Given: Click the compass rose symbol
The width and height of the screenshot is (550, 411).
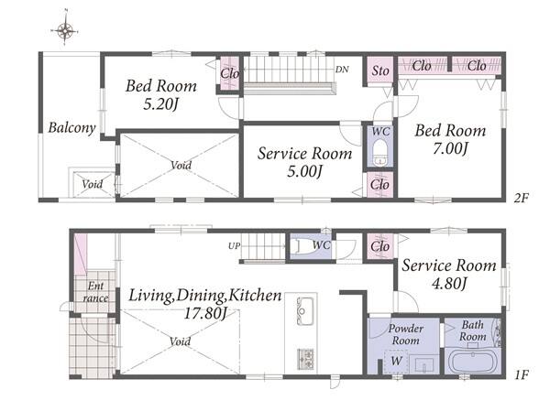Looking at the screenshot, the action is pos(65,30).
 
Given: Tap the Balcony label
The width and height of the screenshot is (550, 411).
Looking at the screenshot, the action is pos(71,127).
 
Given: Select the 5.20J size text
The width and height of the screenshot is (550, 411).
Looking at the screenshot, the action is pos(161,104).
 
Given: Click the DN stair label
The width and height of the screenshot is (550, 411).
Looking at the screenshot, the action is pos(342,70).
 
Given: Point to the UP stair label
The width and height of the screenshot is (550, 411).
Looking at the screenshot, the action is pos(234,246).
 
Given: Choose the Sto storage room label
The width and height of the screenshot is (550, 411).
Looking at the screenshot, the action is pos(380,70).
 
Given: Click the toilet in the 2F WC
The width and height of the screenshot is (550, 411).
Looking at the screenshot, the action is pos(379,153).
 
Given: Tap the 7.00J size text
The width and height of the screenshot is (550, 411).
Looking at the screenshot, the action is pos(450,148).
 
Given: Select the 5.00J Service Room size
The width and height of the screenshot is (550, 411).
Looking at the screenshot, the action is pos(304,171).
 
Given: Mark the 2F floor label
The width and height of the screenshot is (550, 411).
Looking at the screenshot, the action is pos(522,199).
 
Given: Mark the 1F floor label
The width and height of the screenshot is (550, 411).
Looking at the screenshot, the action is pos(522,375).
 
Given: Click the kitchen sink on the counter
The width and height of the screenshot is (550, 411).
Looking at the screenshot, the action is pos(305,311).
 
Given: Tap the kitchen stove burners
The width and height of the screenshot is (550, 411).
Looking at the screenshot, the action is pos(305,359).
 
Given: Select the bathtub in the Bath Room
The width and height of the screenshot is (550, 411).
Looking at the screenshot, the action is pos(472,361).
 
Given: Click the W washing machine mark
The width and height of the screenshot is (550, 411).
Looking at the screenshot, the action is pos(396,361).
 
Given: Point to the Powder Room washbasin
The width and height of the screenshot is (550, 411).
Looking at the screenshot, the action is pos(424,364).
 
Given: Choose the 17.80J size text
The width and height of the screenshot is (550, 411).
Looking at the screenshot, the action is pos(205,313).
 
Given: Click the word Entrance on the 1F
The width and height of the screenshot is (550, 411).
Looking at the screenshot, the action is pos(95,292).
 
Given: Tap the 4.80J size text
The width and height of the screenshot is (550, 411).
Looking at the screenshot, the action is pos(449,283).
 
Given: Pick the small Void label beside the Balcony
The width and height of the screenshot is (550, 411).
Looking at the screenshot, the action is pos(92,184).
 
